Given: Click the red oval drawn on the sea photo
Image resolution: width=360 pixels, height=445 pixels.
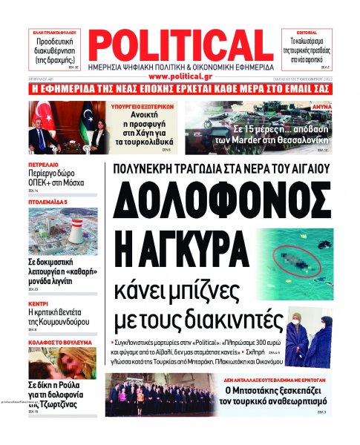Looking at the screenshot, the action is tap(292, 260).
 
